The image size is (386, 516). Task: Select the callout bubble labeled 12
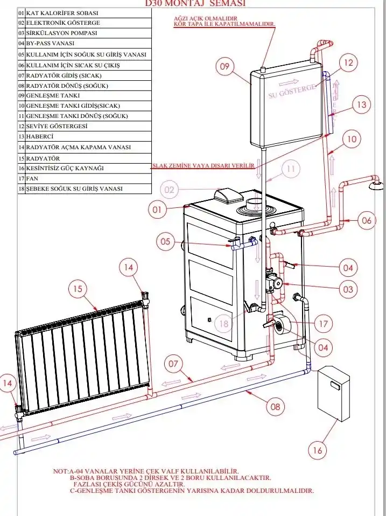[349, 63]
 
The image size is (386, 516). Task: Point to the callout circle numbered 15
[79, 289]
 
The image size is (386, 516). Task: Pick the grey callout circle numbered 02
[170, 190]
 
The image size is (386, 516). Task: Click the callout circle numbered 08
[275, 407]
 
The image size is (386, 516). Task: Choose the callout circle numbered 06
[365, 220]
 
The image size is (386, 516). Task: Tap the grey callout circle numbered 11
[291, 169]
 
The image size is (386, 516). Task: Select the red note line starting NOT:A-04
[145, 471]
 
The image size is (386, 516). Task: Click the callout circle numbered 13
[361, 104]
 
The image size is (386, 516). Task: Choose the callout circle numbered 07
[173, 364]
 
